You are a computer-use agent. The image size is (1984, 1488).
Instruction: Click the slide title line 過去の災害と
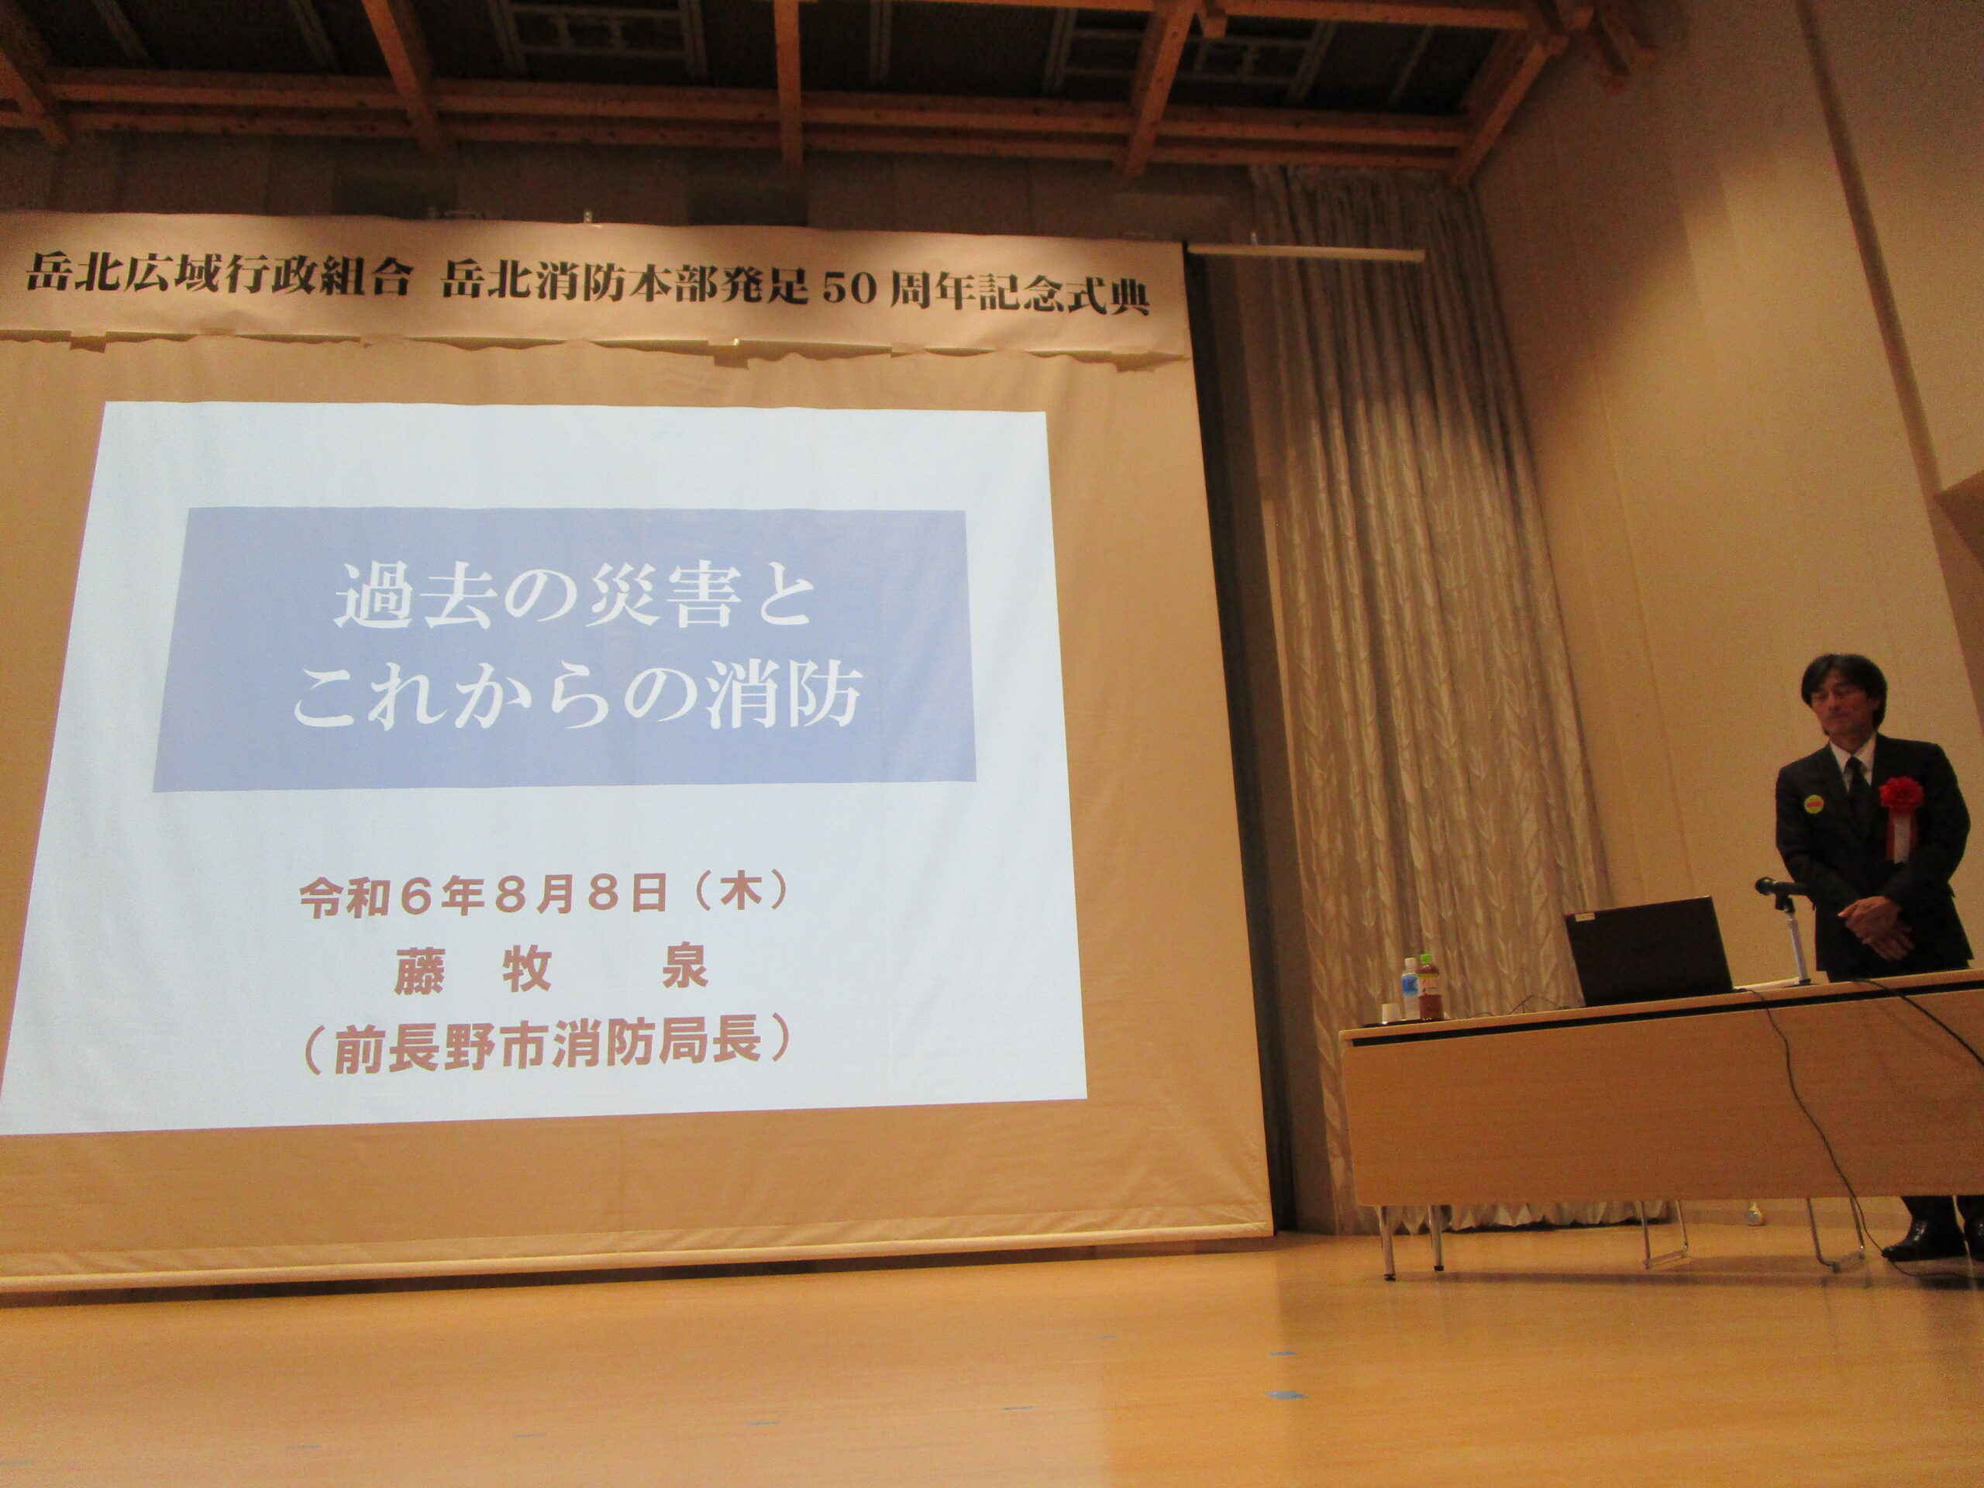click(x=574, y=599)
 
